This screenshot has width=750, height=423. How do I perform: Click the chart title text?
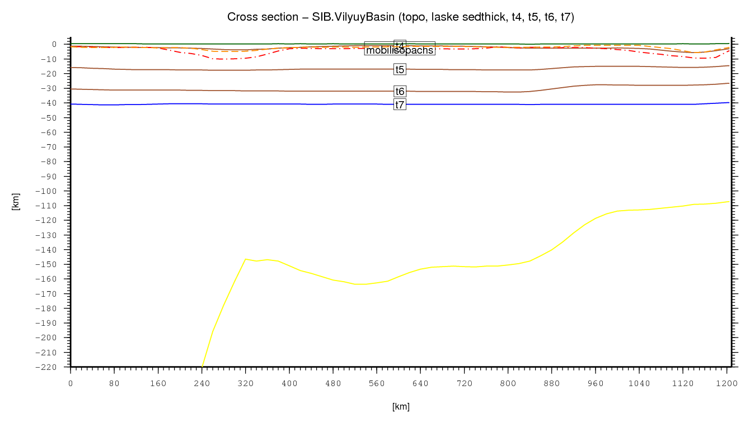[401, 17]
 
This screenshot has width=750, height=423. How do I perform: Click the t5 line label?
[400, 70]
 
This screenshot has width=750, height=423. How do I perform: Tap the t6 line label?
[400, 92]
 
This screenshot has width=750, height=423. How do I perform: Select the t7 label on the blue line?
[400, 105]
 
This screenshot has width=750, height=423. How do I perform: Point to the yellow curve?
[448, 265]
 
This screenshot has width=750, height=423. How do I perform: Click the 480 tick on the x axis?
[333, 383]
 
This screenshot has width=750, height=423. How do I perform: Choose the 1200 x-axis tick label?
[727, 383]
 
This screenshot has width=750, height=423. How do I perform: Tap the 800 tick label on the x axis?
[508, 383]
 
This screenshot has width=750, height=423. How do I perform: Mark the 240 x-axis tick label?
[202, 383]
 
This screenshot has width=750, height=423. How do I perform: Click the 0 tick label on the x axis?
[71, 383]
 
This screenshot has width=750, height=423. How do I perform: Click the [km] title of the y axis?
[16, 202]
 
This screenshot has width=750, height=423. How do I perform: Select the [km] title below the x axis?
[401, 407]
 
